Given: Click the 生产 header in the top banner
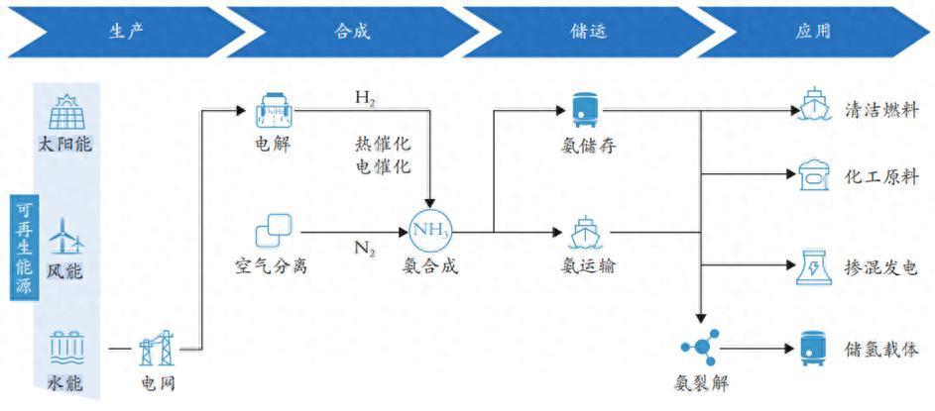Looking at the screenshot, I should (127, 31).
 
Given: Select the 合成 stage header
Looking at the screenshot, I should (351, 31).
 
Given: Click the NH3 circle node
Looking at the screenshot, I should (429, 233).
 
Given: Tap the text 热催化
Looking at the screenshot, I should (383, 145).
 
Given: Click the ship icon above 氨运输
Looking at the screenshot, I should (580, 232).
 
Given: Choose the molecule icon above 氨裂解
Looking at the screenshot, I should (701, 348).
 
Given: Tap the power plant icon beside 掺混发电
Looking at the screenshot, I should (812, 266).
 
